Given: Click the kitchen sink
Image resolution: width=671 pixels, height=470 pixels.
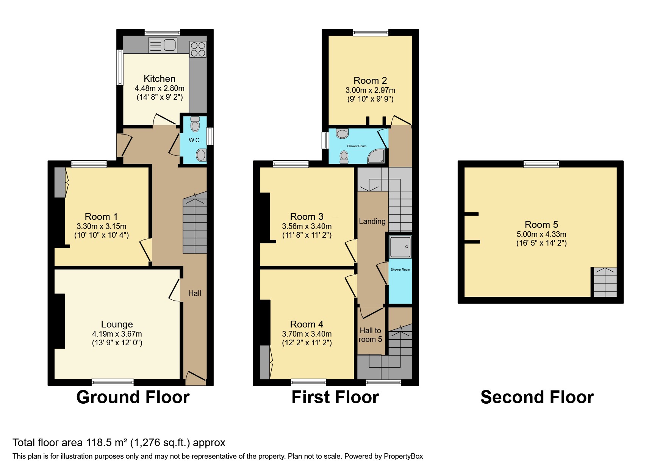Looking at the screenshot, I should pyautogui.click(x=163, y=45).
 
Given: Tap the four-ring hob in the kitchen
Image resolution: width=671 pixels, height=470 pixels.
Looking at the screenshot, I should pyautogui.click(x=198, y=49).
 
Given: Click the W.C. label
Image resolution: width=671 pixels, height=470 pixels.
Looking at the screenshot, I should pyautogui.click(x=195, y=140).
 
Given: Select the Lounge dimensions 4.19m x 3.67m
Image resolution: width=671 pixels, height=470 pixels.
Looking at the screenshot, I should pyautogui.click(x=117, y=334).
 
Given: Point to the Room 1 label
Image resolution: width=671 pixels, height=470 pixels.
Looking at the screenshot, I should pyautogui.click(x=101, y=216).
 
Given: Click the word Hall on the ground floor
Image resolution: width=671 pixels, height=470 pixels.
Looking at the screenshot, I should pyautogui.click(x=195, y=293).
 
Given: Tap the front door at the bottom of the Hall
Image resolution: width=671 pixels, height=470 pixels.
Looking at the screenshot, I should pyautogui.click(x=195, y=377).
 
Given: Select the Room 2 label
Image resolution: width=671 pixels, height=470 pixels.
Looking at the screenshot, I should pyautogui.click(x=370, y=80).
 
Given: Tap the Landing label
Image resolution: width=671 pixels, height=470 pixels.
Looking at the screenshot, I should pyautogui.click(x=372, y=221).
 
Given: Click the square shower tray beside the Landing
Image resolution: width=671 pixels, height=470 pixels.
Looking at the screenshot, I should pyautogui.click(x=400, y=247).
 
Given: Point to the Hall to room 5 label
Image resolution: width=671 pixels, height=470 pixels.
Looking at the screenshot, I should pyautogui.click(x=370, y=335).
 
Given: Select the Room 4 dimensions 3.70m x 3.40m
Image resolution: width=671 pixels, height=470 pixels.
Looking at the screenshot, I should pyautogui.click(x=307, y=334).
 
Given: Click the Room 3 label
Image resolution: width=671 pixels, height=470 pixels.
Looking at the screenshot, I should pyautogui.click(x=307, y=216).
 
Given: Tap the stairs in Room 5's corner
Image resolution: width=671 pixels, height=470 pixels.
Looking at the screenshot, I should pyautogui.click(x=605, y=282).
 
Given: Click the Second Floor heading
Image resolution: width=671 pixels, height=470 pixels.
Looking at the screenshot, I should pyautogui.click(x=537, y=397).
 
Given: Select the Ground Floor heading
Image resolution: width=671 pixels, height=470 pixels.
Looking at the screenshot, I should pyautogui.click(x=133, y=397).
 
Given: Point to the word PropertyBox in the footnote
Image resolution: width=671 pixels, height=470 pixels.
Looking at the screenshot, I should pyautogui.click(x=403, y=456).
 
